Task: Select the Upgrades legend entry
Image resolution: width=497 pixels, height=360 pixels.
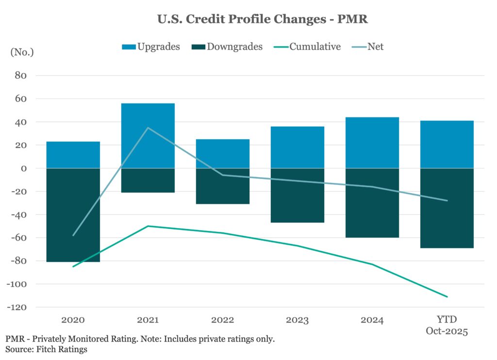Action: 151,47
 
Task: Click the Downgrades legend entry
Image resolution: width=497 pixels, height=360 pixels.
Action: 228,47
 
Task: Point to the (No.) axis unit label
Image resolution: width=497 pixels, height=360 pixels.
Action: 22,52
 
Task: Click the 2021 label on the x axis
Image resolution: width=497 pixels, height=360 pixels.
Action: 148,320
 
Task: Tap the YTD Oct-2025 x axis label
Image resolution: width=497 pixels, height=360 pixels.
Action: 447,325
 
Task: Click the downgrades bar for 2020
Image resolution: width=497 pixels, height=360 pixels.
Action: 74,215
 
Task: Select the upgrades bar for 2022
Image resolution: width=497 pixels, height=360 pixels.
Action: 223,154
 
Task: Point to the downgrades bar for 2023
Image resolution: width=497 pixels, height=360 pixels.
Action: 298,196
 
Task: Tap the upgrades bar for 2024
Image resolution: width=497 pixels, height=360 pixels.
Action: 373,143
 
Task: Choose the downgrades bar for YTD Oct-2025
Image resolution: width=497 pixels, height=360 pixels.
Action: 447,208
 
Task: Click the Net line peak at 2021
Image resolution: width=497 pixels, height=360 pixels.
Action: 148,128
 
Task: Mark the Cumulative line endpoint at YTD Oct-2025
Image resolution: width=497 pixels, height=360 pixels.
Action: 447,296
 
